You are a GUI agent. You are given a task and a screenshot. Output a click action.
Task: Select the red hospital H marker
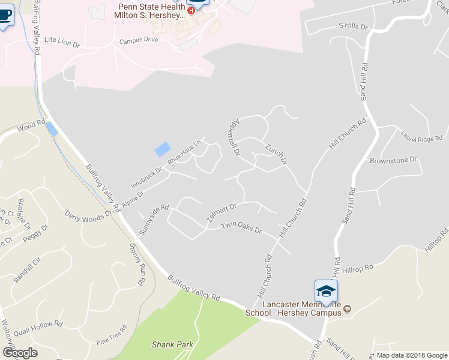click(x=191, y=11)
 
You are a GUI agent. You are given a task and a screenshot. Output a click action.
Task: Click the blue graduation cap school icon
click(x=326, y=291)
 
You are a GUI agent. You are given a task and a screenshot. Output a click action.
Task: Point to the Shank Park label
click(x=172, y=344)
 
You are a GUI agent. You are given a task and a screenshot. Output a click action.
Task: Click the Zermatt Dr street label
click(x=222, y=214)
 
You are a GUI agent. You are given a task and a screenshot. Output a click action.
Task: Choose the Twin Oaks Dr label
click(x=242, y=227)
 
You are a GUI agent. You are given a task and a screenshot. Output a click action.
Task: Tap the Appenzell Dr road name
click(x=231, y=137)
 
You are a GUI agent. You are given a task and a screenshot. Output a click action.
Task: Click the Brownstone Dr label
click(x=393, y=160)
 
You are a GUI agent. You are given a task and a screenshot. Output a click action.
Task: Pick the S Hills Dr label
click(x=353, y=26)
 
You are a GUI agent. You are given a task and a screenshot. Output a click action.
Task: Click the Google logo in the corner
click(x=19, y=353)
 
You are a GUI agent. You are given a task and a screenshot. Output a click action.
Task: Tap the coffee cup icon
click(x=5, y=16)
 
